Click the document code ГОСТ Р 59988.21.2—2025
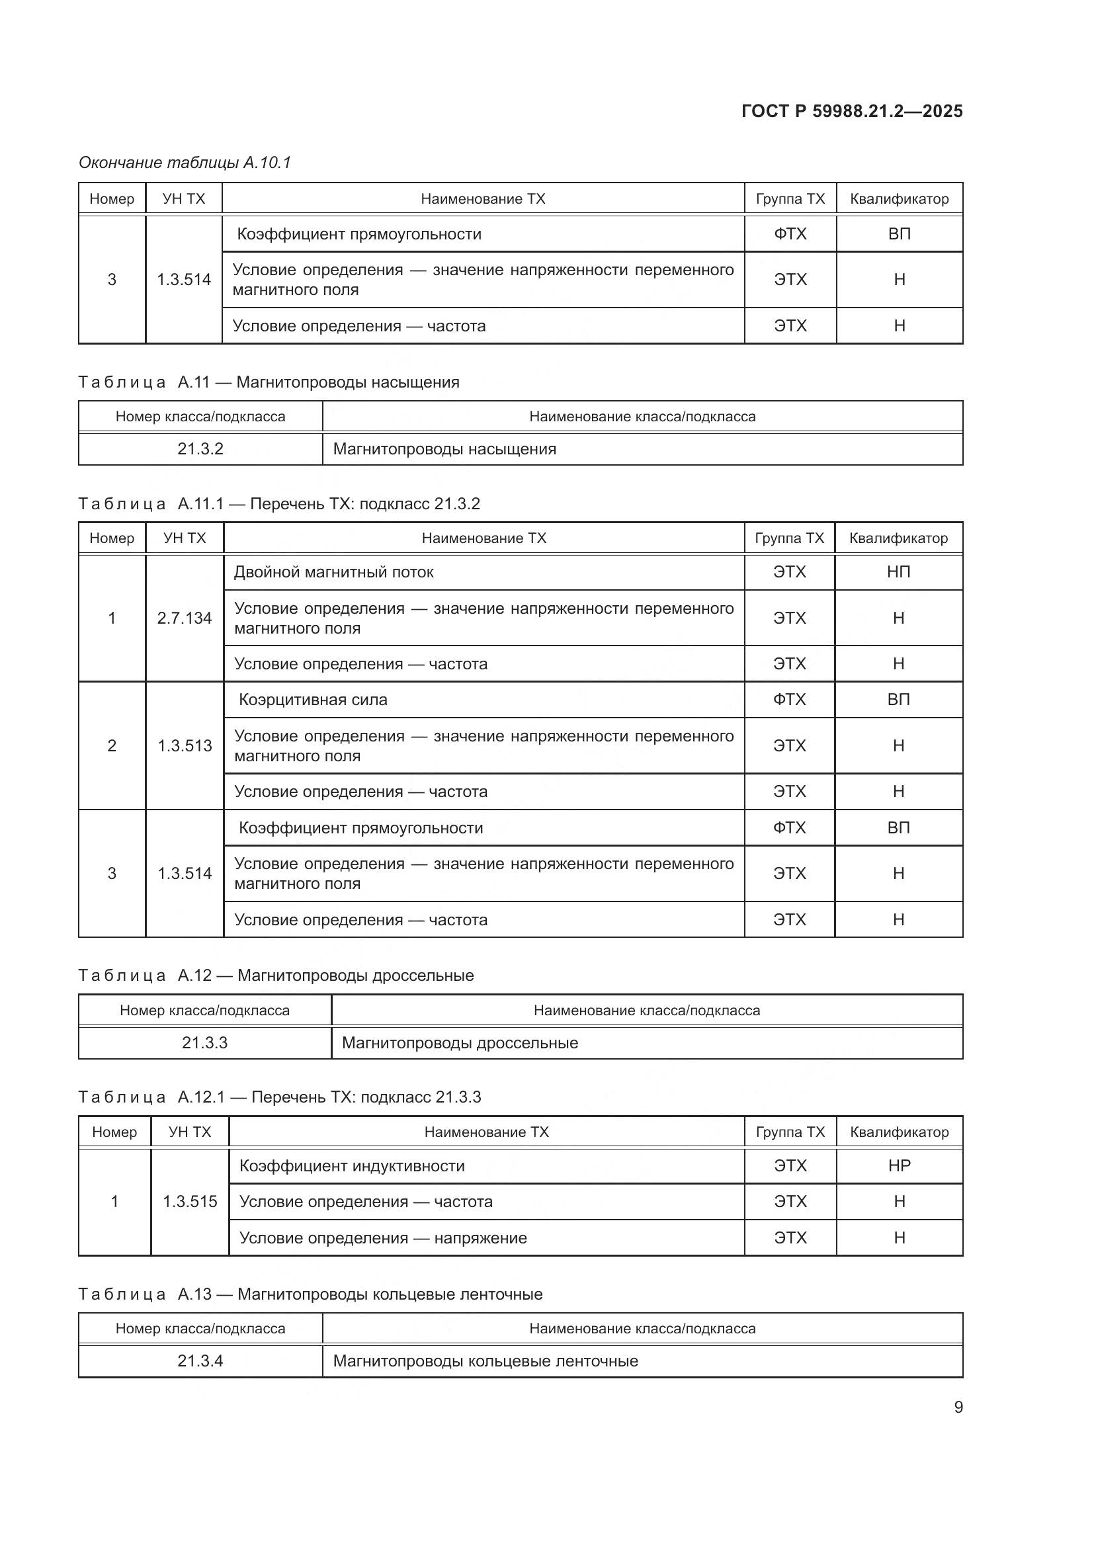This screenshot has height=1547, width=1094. point(851,111)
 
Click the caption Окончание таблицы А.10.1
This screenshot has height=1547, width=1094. point(185,163)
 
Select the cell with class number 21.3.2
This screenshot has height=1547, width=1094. point(200,448)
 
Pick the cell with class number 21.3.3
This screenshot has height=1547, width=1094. point(205,1042)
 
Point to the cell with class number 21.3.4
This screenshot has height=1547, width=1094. point(200,1360)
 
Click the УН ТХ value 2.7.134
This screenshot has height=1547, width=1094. point(185,618)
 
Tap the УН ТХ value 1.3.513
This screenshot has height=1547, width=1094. point(185,746)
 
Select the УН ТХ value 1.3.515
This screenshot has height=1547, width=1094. point(190,1201)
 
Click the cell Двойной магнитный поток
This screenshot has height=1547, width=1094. point(333,572)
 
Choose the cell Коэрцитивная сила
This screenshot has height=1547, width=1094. point(314,699)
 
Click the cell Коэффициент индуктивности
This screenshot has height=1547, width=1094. point(353,1165)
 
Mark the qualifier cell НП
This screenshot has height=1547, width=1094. point(899,572)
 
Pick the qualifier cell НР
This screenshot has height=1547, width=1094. point(900,1165)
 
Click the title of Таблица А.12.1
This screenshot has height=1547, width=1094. point(280,1097)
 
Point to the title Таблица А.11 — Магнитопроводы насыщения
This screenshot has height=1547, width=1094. point(269,382)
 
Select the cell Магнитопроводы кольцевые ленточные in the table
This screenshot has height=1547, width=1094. point(485,1360)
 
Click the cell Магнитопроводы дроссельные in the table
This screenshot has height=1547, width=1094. point(460,1042)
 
